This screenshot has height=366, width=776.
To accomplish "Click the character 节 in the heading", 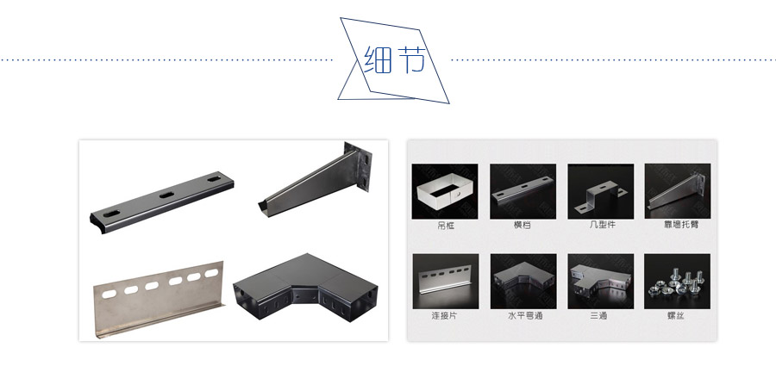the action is [410, 59].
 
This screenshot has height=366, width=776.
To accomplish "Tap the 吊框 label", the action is [446, 226].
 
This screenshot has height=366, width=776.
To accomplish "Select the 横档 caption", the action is [523, 225].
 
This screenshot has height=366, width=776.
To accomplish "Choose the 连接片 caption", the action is [444, 315].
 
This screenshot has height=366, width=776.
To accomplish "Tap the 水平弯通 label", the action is [524, 315].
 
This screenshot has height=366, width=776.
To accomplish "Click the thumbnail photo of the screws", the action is [677, 282].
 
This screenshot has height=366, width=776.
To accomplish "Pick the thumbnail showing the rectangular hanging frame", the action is [445, 191].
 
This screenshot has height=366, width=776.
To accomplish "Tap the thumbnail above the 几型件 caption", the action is [600, 191].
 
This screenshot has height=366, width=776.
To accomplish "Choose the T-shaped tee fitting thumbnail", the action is [600, 282].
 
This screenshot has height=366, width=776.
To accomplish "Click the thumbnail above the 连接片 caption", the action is [446, 282].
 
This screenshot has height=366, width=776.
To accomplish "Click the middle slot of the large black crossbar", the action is [166, 195].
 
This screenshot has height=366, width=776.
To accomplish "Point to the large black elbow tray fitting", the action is [305, 288].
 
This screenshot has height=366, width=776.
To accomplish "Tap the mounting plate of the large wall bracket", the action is [360, 167].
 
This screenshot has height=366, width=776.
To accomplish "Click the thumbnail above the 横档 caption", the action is [523, 191].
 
